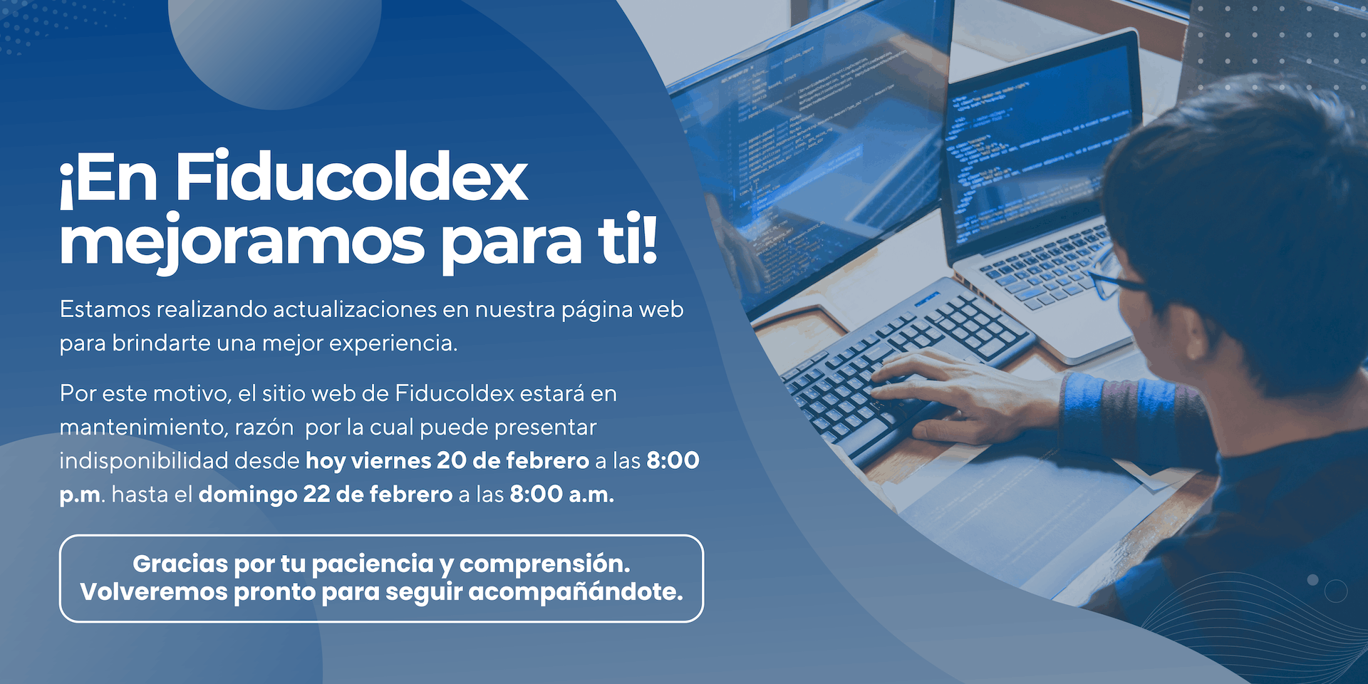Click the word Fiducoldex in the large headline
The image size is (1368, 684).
click(351, 178)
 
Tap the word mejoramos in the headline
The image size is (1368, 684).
click(242, 242)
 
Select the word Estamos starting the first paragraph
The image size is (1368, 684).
click(105, 310)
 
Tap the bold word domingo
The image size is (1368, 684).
click(247, 494)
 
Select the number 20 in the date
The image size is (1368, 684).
click(451, 461)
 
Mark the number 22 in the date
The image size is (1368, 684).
click(316, 494)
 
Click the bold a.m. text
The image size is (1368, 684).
click(591, 494)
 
